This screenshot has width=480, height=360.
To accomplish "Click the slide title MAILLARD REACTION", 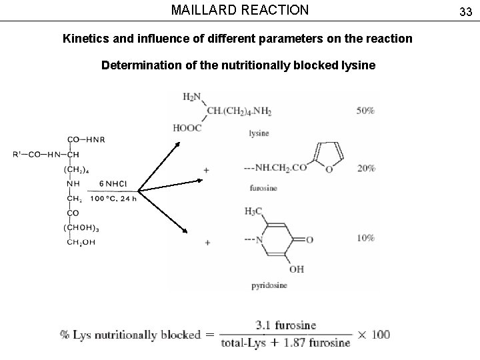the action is coord(240,10).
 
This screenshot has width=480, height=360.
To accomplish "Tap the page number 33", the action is coord(465,11).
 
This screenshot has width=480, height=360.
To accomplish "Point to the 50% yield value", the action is coord(365,111).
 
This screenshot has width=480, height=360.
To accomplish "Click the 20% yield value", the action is coord(365,168).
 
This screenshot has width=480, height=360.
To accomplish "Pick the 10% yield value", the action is coord(365,238).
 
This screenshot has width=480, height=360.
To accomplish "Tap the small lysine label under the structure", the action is coord(259,133).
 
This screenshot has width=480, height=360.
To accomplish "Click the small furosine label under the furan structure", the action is coord(263,187).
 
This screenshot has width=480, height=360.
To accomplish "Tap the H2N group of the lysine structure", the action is coord(192,97).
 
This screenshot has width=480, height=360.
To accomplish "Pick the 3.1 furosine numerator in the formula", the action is coord(286,325).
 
